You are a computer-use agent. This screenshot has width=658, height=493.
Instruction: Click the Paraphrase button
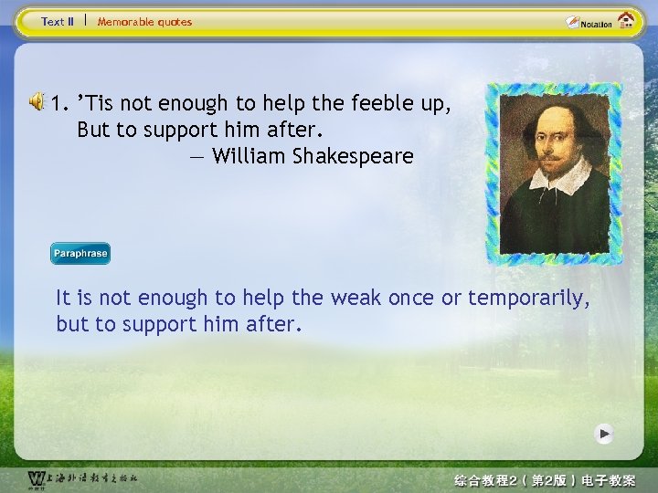tap(80, 254)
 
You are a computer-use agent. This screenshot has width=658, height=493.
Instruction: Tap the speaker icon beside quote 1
tap(37, 101)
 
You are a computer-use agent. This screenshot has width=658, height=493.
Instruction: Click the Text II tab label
tap(58, 22)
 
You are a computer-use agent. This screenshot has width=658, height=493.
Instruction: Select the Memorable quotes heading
tap(144, 22)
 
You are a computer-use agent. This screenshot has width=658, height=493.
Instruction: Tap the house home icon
tap(626, 20)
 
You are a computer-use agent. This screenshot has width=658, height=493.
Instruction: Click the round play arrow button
tap(603, 434)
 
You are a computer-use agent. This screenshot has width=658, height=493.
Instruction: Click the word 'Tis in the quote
tap(97, 102)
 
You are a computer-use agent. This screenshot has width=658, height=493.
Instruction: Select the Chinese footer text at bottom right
tap(557, 480)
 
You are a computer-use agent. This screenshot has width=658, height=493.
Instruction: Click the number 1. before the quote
tap(62, 102)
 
